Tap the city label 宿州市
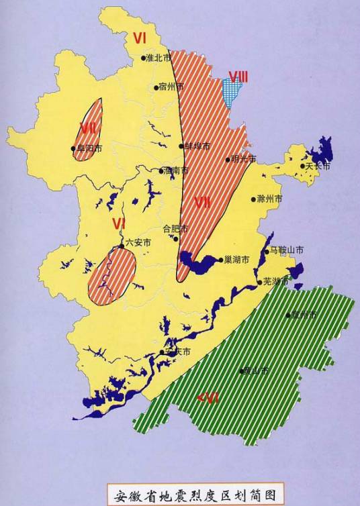170,87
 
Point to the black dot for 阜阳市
73,149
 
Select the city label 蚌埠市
197,146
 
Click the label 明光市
243,159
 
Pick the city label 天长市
318,166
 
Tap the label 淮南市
177,170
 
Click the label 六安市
138,242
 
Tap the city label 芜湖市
276,281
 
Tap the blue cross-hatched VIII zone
234,93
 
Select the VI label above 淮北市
139,38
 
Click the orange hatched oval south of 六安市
112,276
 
